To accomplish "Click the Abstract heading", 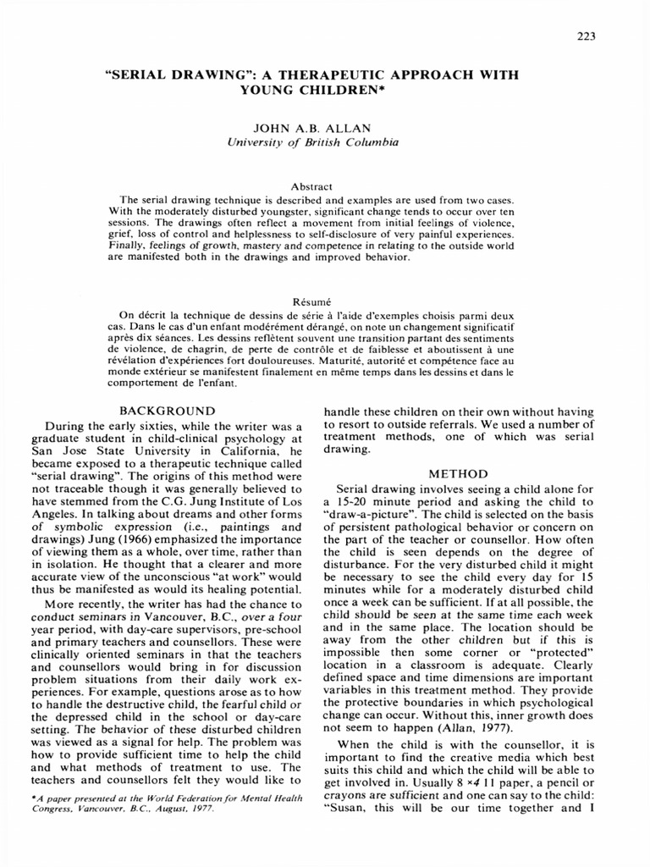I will (x=311, y=186).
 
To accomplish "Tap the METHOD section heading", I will (x=458, y=474).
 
